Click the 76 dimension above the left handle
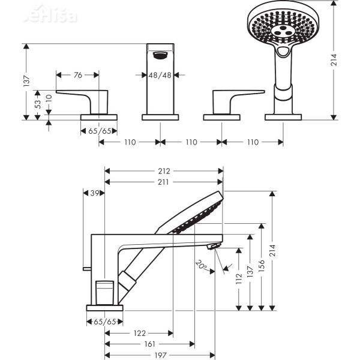[78, 75]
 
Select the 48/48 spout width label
[161, 75]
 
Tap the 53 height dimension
[38, 103]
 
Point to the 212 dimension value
[164, 170]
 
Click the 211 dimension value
[164, 181]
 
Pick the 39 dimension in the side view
[94, 193]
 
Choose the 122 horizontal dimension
[139, 332]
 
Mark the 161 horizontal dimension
[150, 344]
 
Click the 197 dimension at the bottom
[160, 355]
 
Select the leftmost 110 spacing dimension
[129, 142]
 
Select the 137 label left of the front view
[25, 81]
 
